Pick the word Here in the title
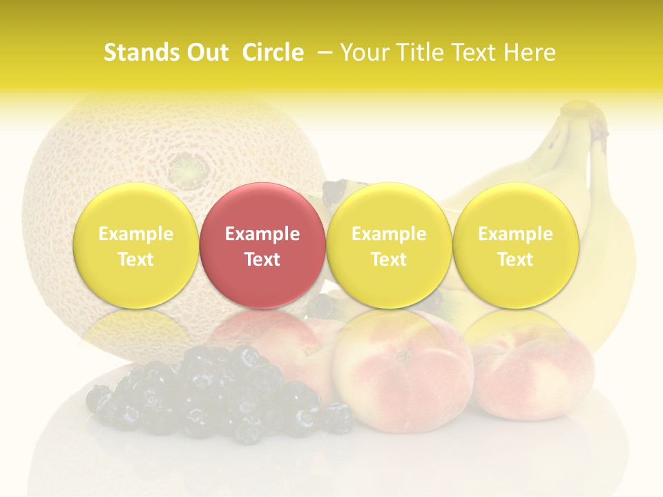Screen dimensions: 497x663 point(530,52)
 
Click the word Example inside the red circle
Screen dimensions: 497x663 point(262,234)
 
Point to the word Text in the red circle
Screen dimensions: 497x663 point(262,260)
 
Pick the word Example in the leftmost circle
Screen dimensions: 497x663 point(135,234)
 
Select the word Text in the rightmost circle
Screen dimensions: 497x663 point(515,260)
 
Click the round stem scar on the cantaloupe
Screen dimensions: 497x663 point(185,167)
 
